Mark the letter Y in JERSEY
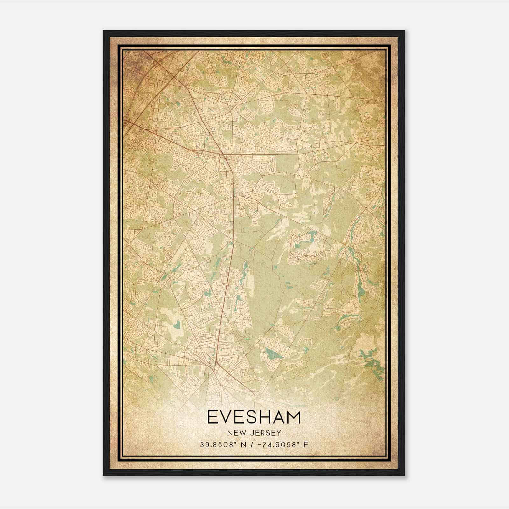[x=279, y=433]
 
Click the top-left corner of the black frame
[x=104, y=31]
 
